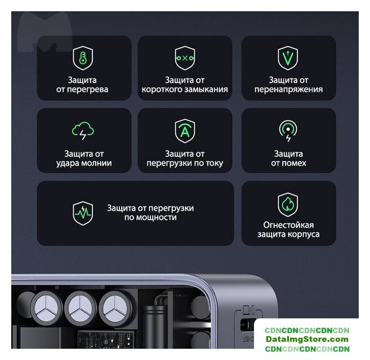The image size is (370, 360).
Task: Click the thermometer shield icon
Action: point(83,58)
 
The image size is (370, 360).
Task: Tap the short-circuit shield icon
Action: point(185,58)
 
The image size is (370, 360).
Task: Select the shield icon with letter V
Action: point(288,58)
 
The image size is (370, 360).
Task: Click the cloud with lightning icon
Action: point(83,130)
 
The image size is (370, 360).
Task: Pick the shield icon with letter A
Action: point(185,131)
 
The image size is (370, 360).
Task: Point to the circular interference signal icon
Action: point(288,131)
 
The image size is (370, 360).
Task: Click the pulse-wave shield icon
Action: point(83,213)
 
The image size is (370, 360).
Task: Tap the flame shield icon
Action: point(288,204)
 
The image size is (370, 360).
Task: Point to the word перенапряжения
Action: point(288,90)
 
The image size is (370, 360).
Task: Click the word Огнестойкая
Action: point(288,225)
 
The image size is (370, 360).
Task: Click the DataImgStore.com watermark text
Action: point(307,339)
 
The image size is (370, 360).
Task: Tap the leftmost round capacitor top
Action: point(47,308)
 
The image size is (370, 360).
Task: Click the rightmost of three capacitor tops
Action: point(115,308)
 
